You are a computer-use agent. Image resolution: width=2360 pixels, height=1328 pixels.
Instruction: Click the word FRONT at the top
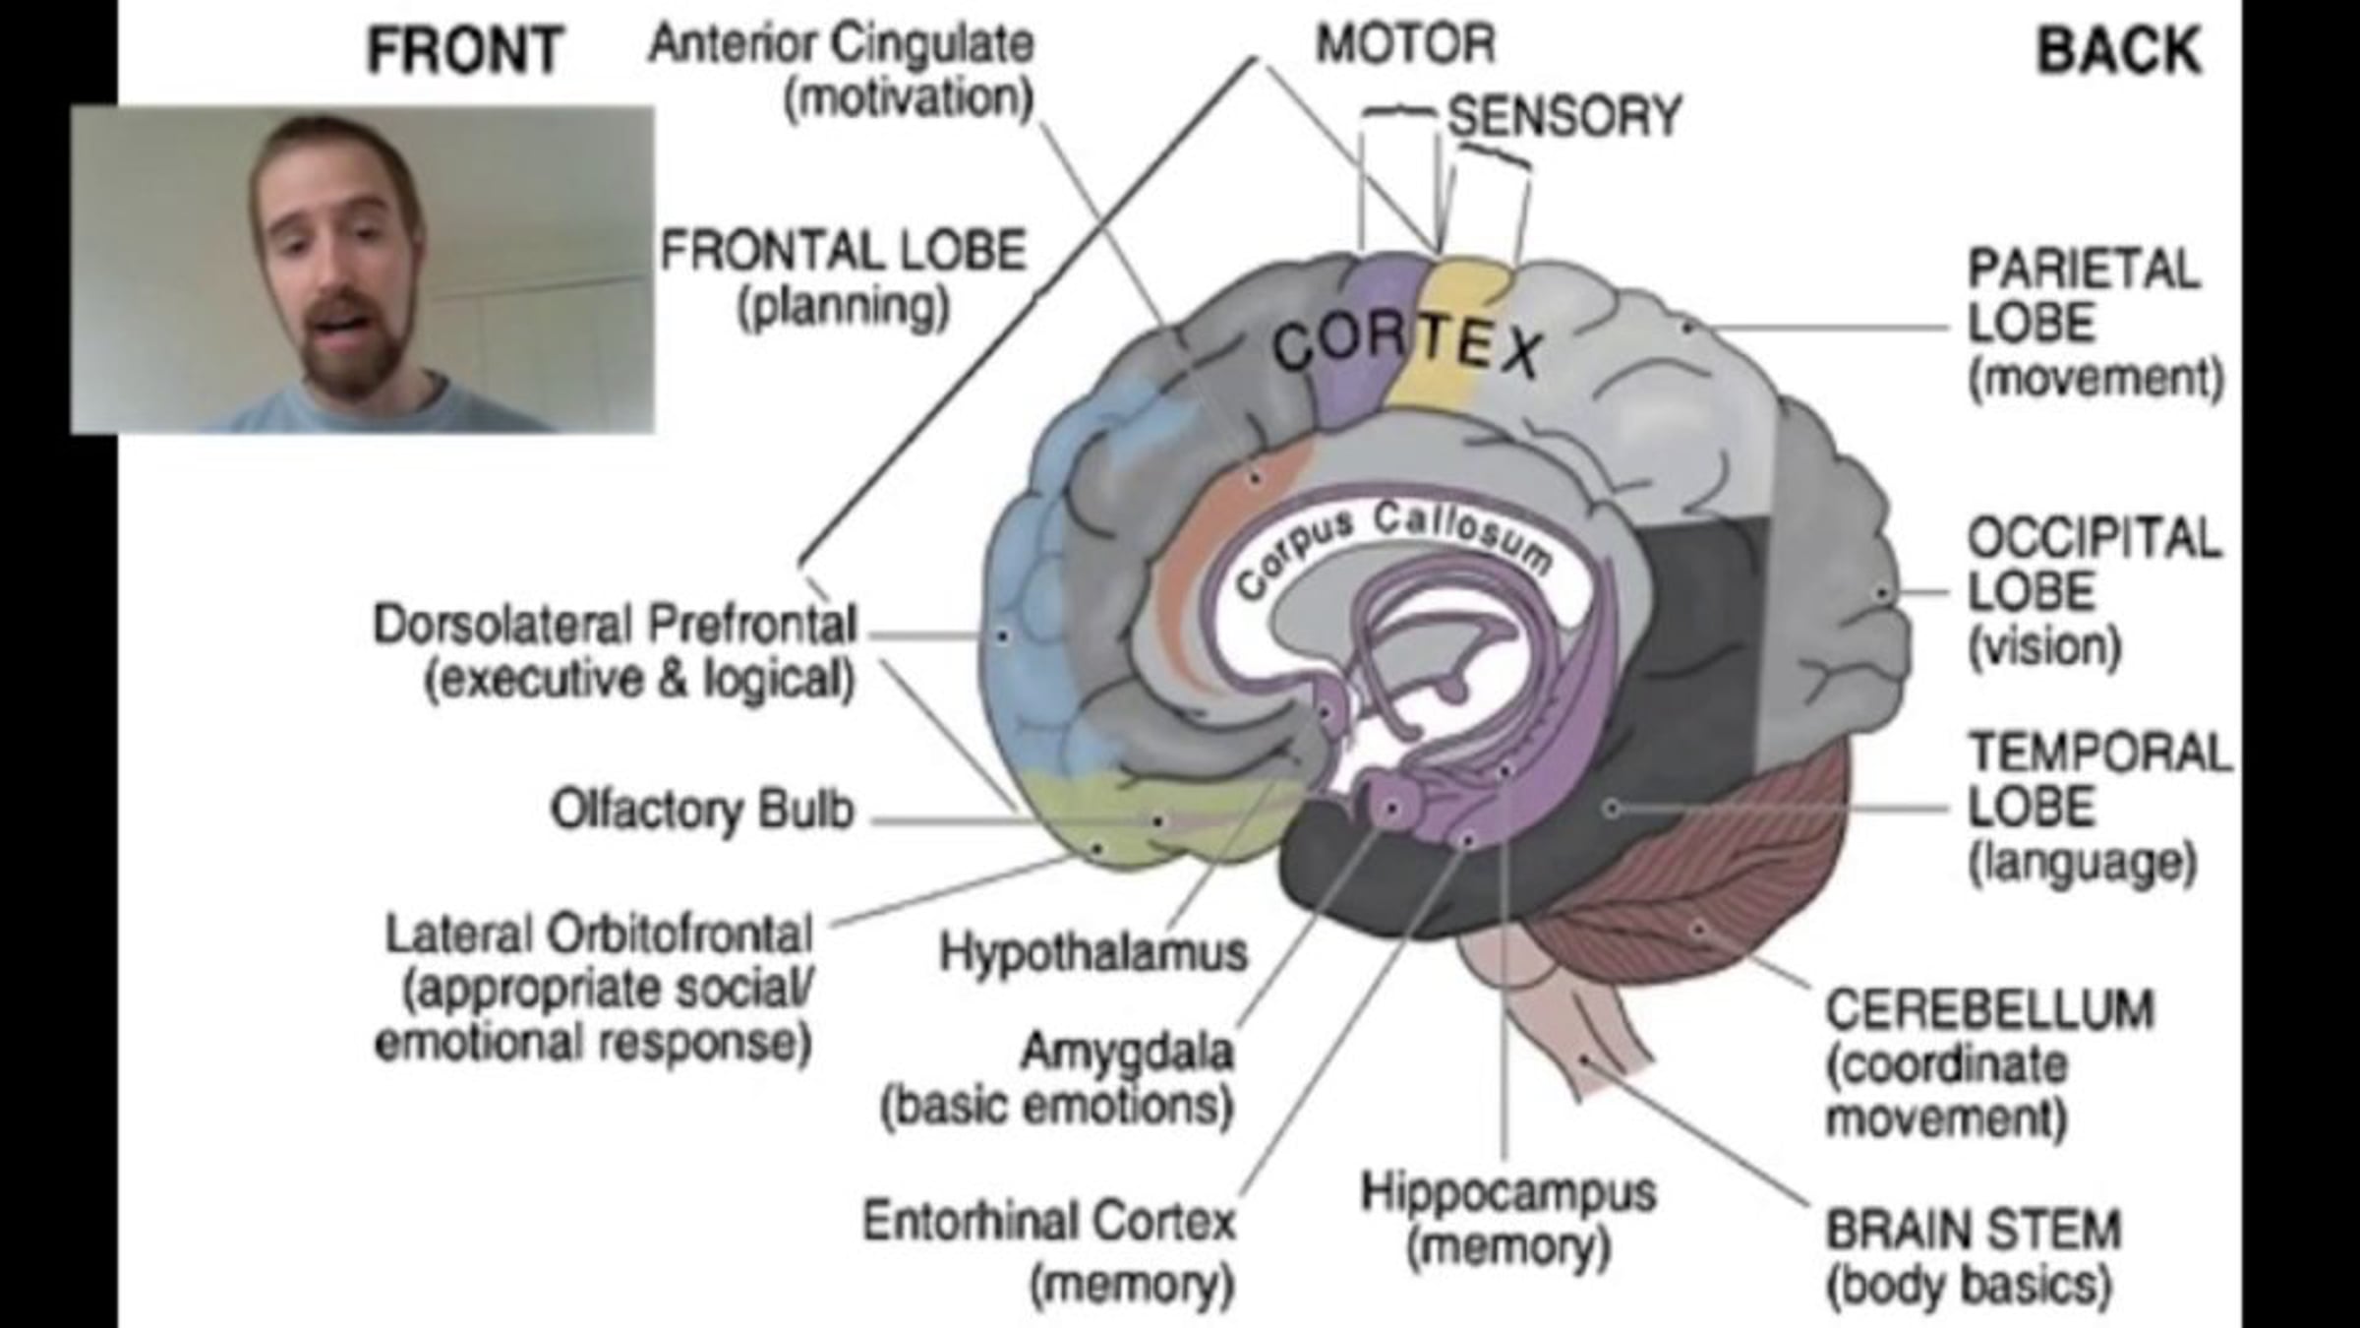[464, 51]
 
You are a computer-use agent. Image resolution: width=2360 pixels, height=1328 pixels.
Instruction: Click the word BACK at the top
[2118, 51]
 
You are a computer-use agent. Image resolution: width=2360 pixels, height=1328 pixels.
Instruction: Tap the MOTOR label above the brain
[1405, 44]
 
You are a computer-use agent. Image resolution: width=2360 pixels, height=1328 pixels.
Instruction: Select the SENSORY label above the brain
[1564, 116]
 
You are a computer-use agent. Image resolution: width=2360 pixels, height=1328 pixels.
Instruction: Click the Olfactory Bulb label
[702, 811]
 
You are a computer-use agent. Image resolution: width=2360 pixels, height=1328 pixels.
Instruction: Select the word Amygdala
[1127, 1051]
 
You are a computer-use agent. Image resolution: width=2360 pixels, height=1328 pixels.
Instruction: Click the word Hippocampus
[1507, 1192]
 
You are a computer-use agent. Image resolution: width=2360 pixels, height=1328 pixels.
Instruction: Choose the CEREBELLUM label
[1988, 1009]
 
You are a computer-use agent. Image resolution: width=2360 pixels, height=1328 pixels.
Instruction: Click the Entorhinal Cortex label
[1048, 1222]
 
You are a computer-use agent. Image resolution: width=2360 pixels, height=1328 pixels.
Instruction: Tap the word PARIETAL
[2083, 270]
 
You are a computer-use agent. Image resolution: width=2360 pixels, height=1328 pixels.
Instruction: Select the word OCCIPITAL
[2094, 538]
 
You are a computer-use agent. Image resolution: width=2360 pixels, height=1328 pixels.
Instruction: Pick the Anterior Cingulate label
[842, 44]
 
